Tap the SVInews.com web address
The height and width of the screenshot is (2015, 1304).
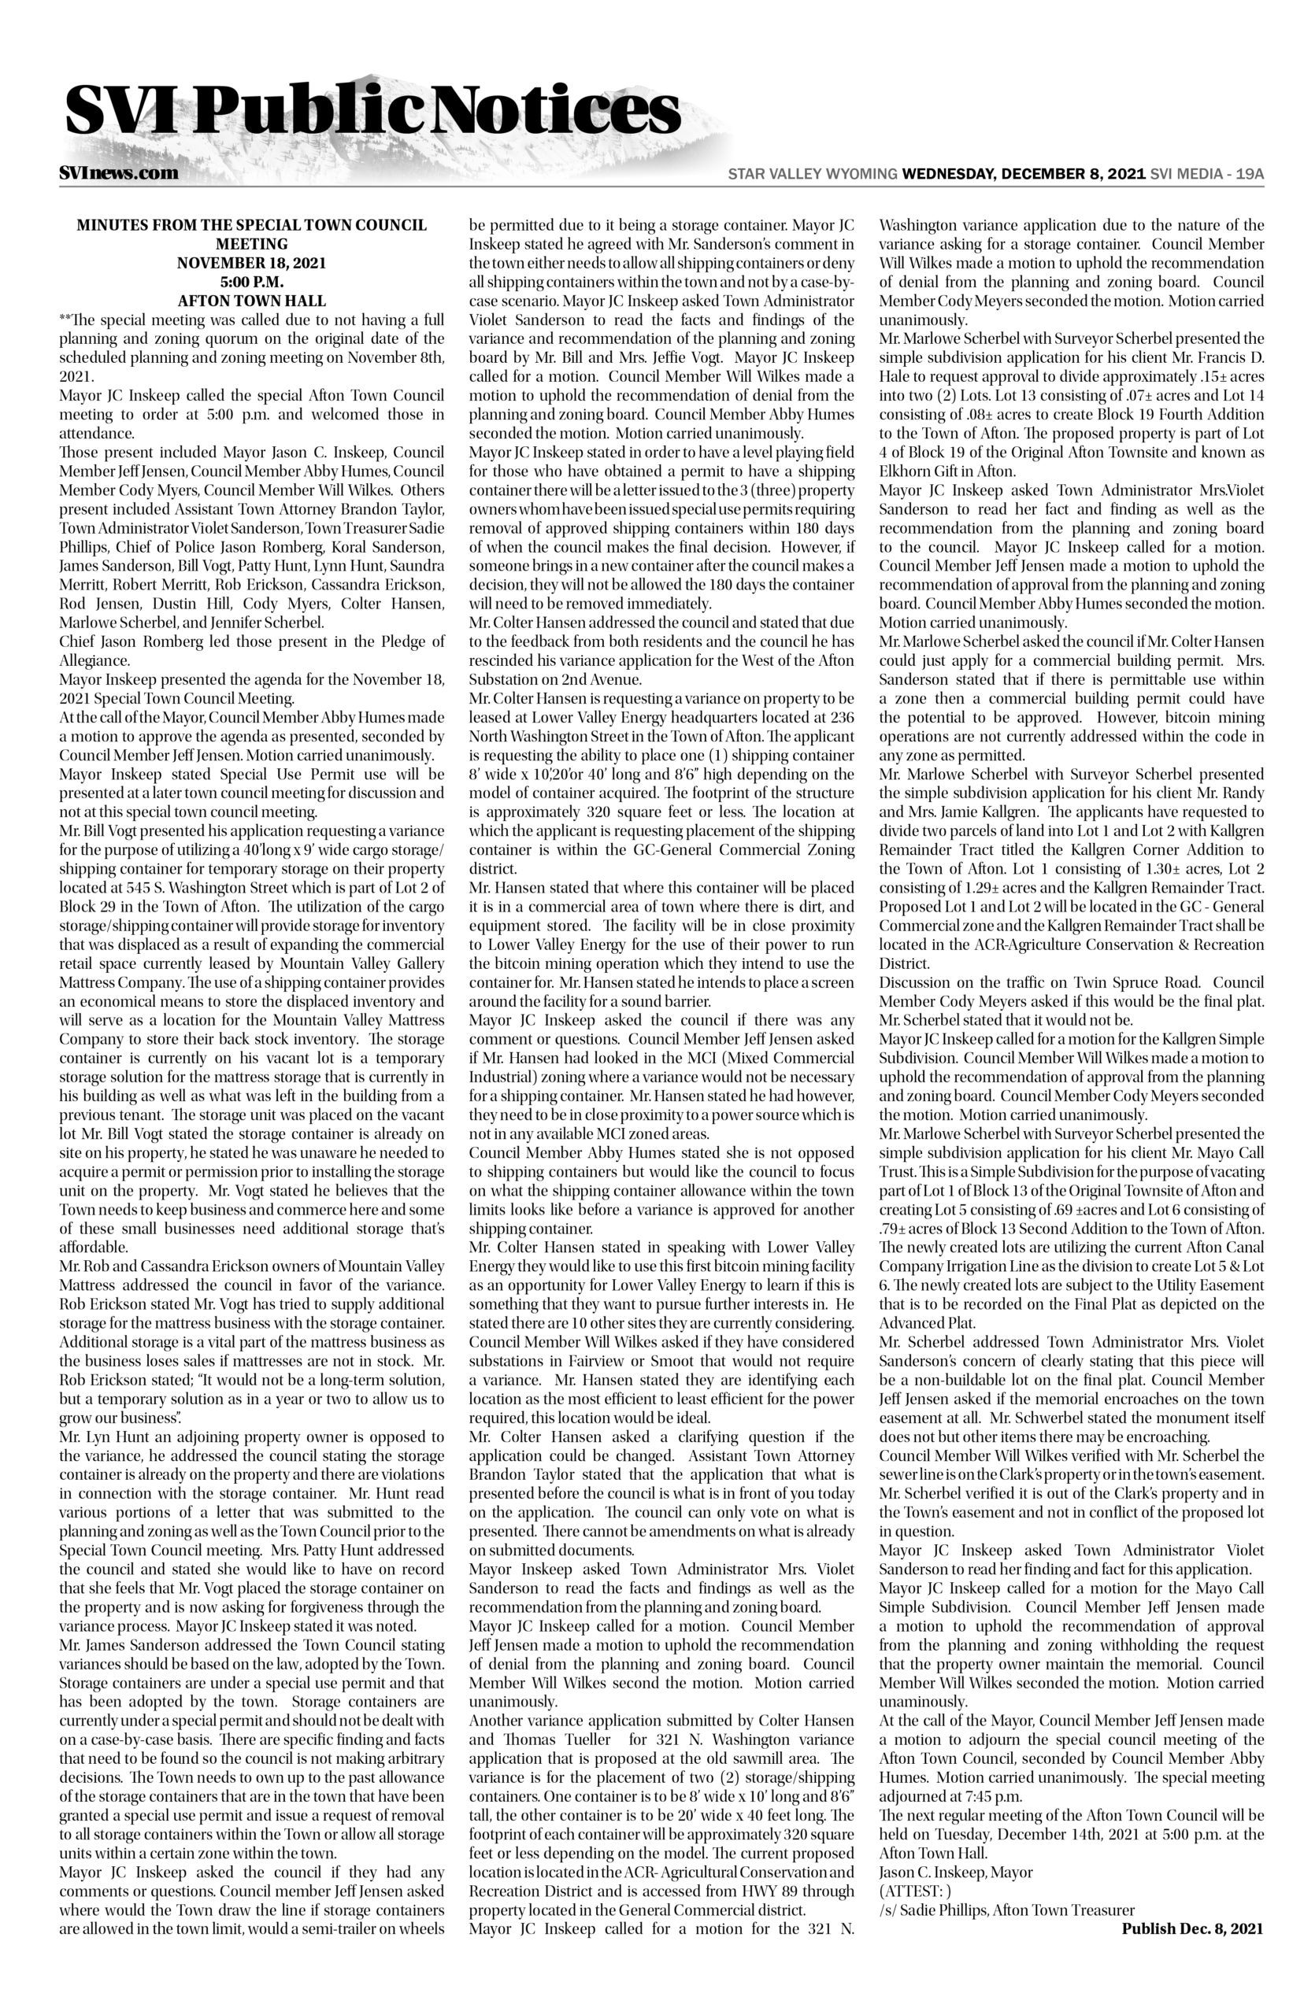coord(119,173)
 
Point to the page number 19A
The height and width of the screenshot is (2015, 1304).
coord(1250,174)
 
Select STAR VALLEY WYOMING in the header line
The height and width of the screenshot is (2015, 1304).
coord(813,174)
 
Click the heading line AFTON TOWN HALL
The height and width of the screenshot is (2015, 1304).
coord(251,301)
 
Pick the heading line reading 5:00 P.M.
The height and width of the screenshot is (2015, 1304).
coord(251,282)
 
